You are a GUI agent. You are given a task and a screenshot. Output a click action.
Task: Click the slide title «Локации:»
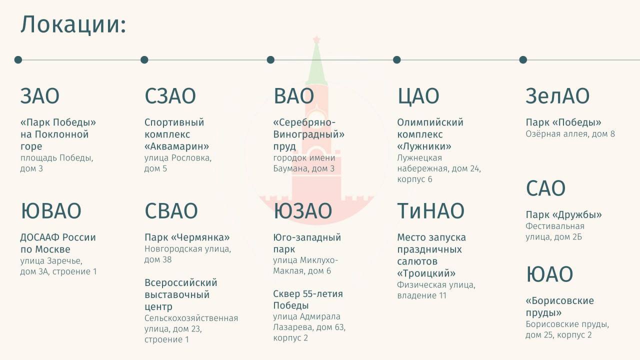[x=73, y=24]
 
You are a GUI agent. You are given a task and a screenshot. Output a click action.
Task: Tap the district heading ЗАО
[x=40, y=96]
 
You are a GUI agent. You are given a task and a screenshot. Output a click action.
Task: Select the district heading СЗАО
[x=170, y=96]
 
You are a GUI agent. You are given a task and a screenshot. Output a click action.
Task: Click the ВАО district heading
[x=293, y=96]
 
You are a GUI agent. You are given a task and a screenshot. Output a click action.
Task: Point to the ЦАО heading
[x=418, y=96]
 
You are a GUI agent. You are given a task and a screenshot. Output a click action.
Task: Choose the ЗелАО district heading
[x=557, y=96]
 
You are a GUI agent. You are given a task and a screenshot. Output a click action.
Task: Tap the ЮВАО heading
[x=51, y=211]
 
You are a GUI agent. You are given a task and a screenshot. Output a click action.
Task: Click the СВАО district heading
[x=171, y=211]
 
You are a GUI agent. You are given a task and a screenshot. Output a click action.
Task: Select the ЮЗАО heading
[x=302, y=211]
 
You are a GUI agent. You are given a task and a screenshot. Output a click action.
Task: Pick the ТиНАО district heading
[x=430, y=211]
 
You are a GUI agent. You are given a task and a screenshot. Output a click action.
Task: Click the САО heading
[x=545, y=188]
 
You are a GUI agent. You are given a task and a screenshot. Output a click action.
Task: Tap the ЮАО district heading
[x=549, y=274]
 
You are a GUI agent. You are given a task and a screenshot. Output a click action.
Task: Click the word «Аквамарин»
[x=176, y=146]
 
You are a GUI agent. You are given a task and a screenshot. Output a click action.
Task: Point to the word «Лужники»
[x=424, y=146]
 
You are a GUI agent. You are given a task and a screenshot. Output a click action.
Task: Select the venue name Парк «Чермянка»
[x=187, y=237]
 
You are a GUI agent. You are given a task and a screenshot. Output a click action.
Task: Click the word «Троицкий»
[x=426, y=273]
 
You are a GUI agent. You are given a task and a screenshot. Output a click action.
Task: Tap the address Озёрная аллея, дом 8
[x=570, y=134]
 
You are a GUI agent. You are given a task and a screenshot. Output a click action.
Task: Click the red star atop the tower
[x=316, y=39]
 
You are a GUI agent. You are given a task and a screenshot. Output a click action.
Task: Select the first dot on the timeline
[x=18, y=59]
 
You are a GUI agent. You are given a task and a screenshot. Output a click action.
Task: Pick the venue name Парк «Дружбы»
[x=563, y=215]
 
